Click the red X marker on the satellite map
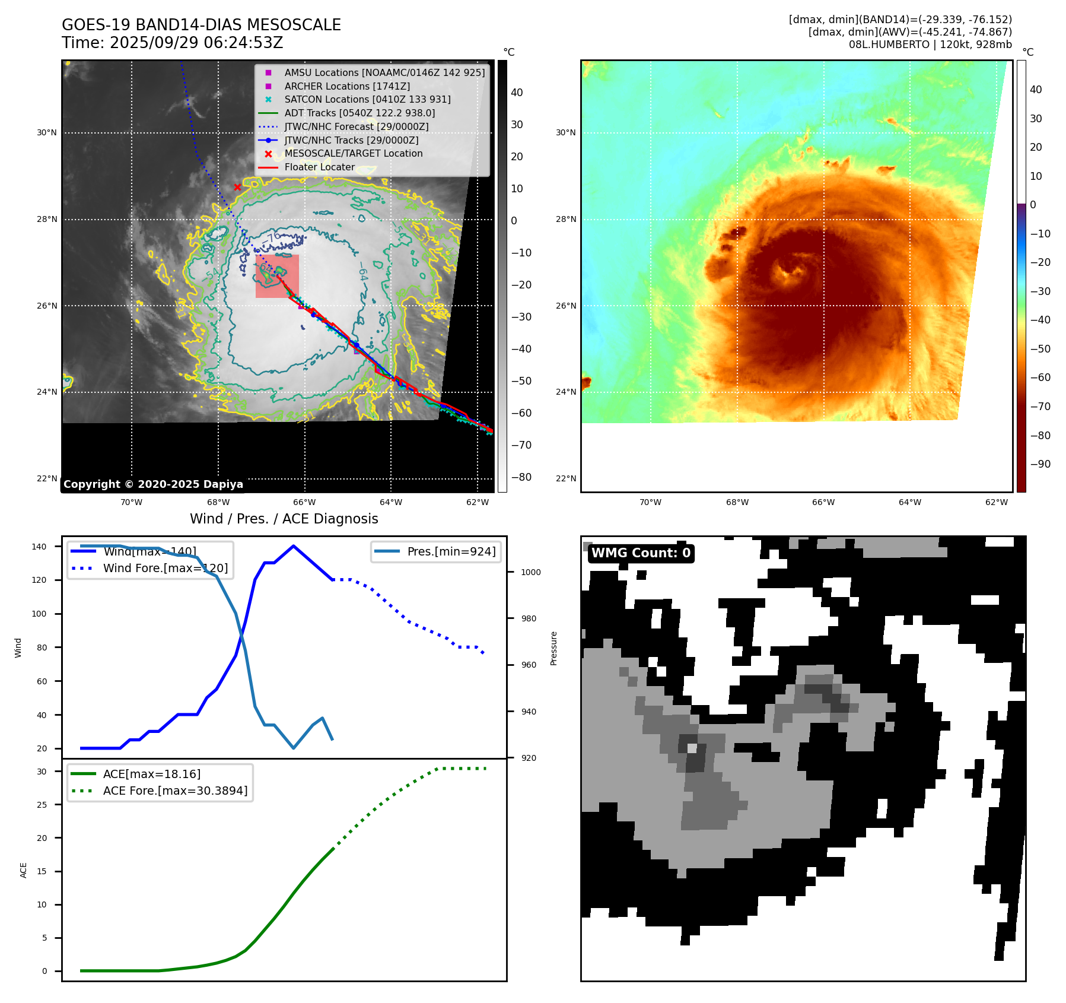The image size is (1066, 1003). pyautogui.click(x=237, y=187)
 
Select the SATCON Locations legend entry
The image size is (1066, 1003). pyautogui.click(x=367, y=100)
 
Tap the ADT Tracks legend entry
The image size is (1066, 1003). pyautogui.click(x=359, y=113)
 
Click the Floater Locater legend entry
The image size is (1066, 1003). pyautogui.click(x=319, y=167)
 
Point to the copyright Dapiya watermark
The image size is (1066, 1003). pyautogui.click(x=153, y=484)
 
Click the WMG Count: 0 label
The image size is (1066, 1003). pyautogui.click(x=641, y=553)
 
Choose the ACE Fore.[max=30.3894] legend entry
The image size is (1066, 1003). pyautogui.click(x=175, y=791)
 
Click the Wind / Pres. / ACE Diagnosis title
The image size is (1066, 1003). pyautogui.click(x=284, y=519)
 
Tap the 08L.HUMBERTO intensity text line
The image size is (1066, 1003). pyautogui.click(x=930, y=45)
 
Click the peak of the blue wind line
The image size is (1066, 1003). pyautogui.click(x=294, y=546)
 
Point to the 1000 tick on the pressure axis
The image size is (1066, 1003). pyautogui.click(x=530, y=572)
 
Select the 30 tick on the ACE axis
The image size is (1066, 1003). pyautogui.click(x=42, y=772)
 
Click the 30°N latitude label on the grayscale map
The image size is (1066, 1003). pyautogui.click(x=47, y=132)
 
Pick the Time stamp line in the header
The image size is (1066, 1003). pyautogui.click(x=172, y=43)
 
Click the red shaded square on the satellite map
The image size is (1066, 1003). pyautogui.click(x=277, y=276)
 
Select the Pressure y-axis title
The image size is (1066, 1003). pyautogui.click(x=553, y=648)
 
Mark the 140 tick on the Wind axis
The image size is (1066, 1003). pyautogui.click(x=39, y=547)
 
